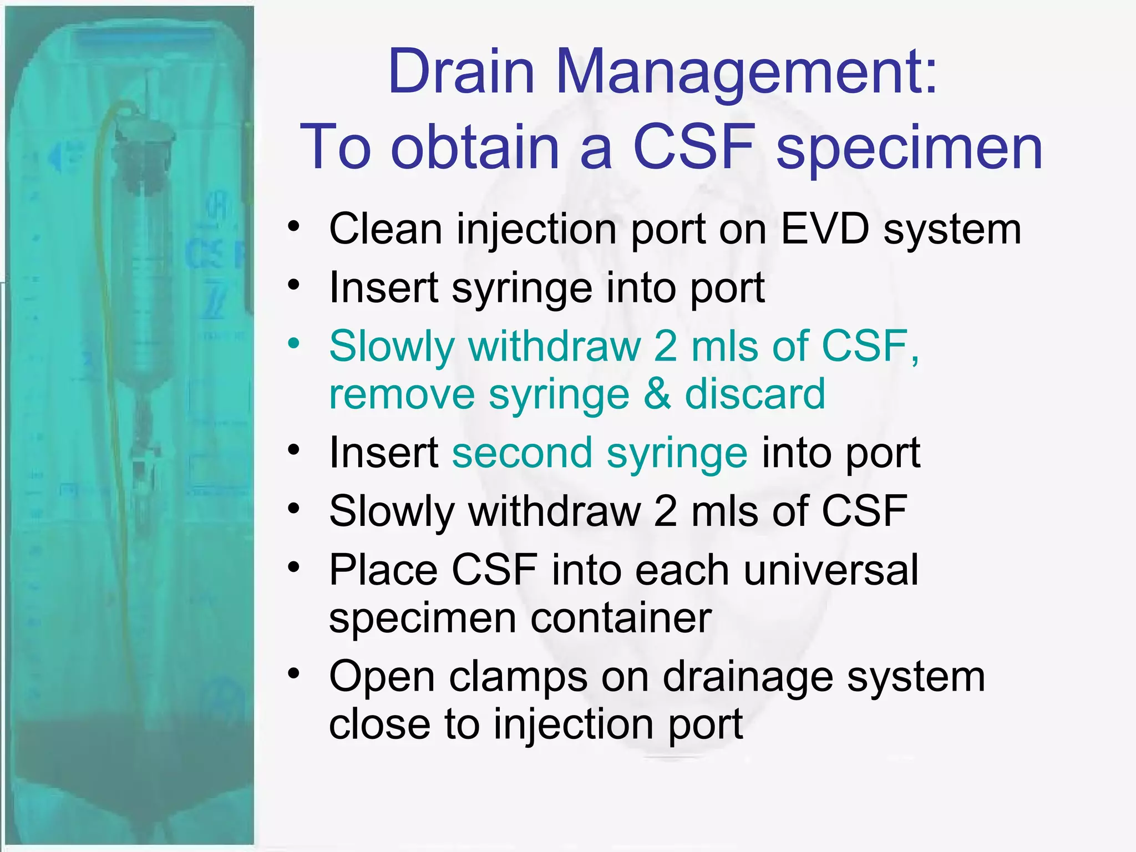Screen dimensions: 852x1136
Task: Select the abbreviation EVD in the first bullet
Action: tap(825, 229)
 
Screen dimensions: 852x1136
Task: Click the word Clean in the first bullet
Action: tap(386, 229)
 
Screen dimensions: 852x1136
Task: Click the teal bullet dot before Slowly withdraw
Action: tap(293, 343)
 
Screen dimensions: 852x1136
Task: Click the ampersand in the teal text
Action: tap(657, 394)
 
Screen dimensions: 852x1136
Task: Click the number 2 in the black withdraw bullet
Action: tap(665, 511)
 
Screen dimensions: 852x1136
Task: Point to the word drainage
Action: tap(748, 677)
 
